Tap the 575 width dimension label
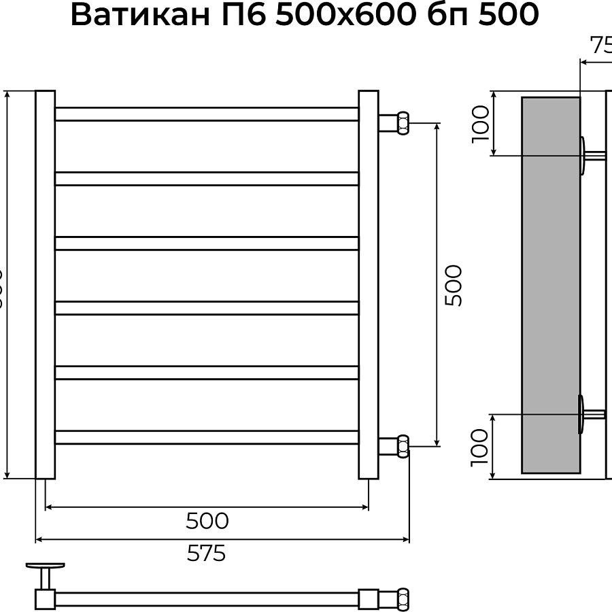click(x=206, y=554)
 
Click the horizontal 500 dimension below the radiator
click(x=207, y=521)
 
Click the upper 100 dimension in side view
click(x=480, y=123)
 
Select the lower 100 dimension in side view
click(x=480, y=446)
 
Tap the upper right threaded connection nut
click(x=402, y=123)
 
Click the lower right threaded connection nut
click(x=402, y=446)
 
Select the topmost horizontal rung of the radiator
click(x=207, y=114)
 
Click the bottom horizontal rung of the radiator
click(x=207, y=437)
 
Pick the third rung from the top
click(x=207, y=243)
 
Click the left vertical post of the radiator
click(x=45, y=285)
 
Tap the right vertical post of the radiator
click(x=368, y=285)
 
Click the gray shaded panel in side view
click(x=550, y=285)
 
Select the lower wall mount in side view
click(x=585, y=413)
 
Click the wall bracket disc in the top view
click(x=45, y=565)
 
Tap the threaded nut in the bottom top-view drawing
click(x=402, y=598)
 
